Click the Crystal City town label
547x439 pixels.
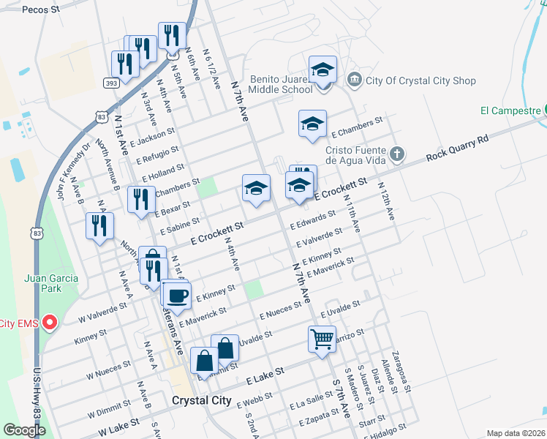[x=201, y=401]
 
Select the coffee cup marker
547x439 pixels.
[x=178, y=296]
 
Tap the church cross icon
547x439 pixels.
[x=396, y=154]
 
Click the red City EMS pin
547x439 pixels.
[x=50, y=322]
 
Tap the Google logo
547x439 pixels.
[x=24, y=430]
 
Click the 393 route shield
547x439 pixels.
[x=112, y=83]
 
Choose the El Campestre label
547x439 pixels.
[x=507, y=111]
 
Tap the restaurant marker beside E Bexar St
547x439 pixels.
[x=140, y=200]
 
